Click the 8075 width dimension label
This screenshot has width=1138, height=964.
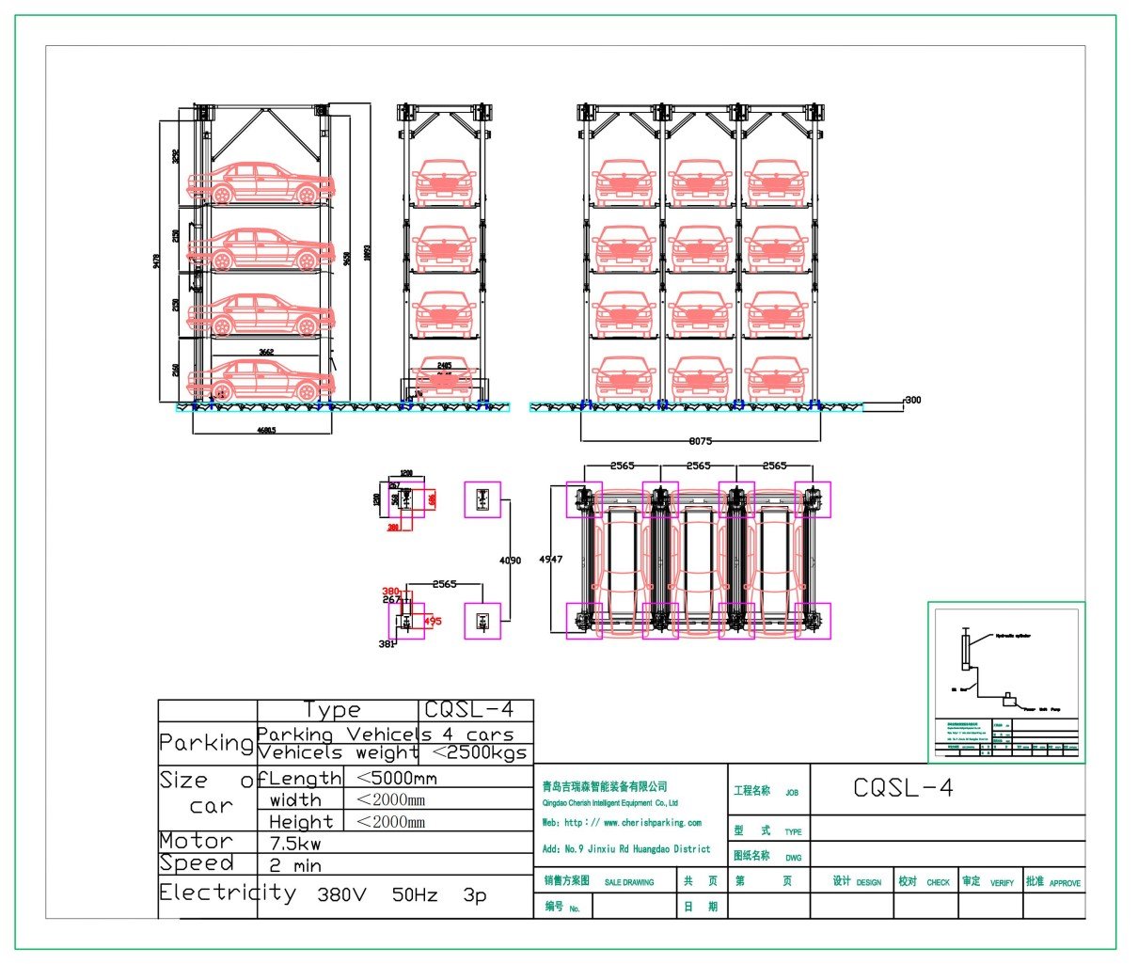tap(701, 439)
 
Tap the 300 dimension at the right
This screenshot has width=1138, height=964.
tap(912, 400)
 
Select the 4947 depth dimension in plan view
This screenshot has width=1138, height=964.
tap(550, 559)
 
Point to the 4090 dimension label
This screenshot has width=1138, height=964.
tap(509, 561)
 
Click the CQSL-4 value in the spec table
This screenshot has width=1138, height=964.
tap(468, 710)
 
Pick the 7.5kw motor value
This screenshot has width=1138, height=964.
tap(295, 844)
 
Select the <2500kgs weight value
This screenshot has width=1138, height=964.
tap(479, 753)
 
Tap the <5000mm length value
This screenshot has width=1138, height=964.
tap(396, 779)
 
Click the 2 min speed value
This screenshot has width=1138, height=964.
tap(295, 865)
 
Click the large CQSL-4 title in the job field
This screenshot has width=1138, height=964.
tap(903, 788)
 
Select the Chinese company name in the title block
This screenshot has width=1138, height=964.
tap(605, 786)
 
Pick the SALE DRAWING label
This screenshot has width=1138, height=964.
tap(628, 882)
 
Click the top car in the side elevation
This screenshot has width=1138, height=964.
tap(261, 183)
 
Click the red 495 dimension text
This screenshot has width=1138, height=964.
tap(433, 621)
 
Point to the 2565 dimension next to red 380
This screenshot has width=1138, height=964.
tap(444, 584)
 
